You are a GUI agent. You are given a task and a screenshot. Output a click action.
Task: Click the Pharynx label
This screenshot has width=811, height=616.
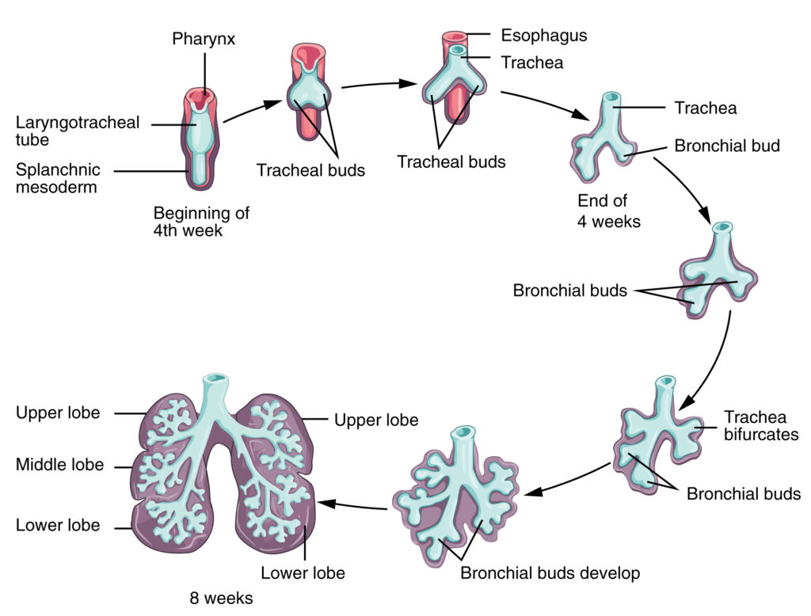204,38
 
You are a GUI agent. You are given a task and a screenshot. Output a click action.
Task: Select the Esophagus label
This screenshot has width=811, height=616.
544,36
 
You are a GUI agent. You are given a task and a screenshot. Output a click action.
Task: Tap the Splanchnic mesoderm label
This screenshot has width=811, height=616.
58,180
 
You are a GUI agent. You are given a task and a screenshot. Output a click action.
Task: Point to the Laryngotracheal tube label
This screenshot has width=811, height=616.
78,131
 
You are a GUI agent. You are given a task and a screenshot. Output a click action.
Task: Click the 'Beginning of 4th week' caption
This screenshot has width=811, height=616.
201,222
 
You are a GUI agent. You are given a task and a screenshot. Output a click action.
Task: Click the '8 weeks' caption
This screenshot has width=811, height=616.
216,599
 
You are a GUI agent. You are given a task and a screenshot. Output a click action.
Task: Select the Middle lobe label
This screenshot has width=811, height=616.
59,465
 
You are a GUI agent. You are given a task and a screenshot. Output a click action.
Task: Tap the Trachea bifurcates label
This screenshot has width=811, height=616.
761,425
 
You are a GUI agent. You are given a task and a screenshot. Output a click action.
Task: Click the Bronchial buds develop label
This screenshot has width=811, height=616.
550,572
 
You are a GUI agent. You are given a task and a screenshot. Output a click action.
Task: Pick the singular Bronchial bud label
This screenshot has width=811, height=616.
727,146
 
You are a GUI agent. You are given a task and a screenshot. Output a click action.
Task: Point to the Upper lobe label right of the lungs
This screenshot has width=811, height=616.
376,419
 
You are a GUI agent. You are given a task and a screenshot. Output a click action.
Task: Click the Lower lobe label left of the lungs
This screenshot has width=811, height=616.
58,525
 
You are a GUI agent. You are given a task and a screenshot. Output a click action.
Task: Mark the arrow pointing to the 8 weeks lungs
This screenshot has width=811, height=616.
353,504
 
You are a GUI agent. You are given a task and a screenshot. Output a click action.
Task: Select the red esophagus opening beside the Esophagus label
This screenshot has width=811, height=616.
455,36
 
